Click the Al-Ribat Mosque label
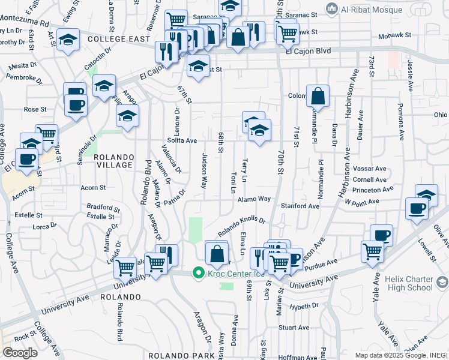tap(358, 8)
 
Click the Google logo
tap(20, 352)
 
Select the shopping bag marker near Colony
tap(318, 95)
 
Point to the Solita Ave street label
tap(182, 140)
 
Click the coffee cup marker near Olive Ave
tap(417, 209)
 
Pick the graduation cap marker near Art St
tap(68, 40)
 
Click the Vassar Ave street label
tap(370, 169)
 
